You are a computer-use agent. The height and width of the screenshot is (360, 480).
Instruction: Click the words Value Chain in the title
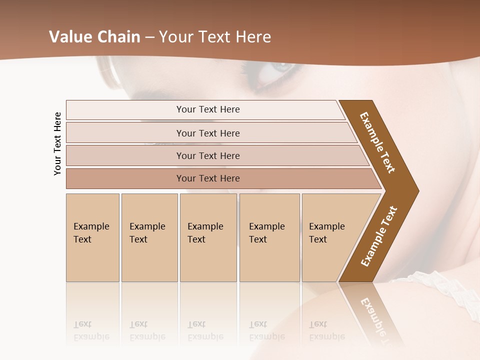[x=94, y=37]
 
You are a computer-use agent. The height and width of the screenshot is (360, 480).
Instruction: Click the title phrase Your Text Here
[x=215, y=37]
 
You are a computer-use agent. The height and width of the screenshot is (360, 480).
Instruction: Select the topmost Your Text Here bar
[x=207, y=109]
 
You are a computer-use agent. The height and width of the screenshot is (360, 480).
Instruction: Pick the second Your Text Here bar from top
[x=207, y=133]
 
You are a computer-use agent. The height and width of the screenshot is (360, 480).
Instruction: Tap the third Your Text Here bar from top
[x=207, y=155]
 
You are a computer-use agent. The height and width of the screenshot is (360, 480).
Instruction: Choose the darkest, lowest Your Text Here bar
[x=207, y=178]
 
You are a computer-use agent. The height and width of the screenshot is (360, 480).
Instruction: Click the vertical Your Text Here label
[x=57, y=143]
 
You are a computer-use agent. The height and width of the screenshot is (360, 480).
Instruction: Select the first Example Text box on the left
[x=92, y=237]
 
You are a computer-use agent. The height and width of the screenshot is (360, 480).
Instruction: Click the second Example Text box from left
[x=149, y=237]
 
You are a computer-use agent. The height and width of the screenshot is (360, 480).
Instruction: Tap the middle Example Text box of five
[x=208, y=237]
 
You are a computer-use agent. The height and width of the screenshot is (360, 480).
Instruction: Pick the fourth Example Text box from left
[x=269, y=237]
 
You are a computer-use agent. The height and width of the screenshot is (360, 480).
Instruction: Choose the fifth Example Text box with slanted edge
[x=330, y=237]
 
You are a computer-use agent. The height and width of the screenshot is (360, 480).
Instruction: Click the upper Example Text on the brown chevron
[x=377, y=142]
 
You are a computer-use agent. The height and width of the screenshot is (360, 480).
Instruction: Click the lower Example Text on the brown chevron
[x=379, y=236]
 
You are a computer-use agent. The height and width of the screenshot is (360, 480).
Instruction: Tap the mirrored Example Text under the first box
[x=91, y=330]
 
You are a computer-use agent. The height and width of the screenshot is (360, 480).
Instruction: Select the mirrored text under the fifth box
[x=326, y=330]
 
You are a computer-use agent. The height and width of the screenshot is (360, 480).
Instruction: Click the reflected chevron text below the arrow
[x=377, y=320]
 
